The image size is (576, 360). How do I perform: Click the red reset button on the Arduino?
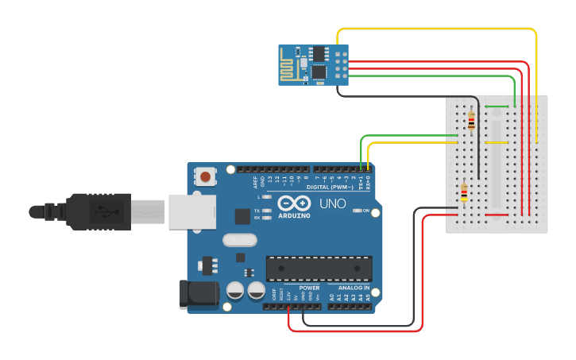click(x=207, y=176)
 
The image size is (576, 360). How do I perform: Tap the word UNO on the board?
click(x=333, y=203)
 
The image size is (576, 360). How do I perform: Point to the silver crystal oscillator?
click(x=240, y=239)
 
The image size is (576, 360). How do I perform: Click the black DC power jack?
click(x=199, y=293)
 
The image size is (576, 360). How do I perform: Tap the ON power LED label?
click(x=366, y=211)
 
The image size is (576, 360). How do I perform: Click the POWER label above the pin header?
click(x=309, y=288)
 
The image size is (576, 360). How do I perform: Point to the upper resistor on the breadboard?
click(x=471, y=120)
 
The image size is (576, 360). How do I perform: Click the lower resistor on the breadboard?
click(x=464, y=193)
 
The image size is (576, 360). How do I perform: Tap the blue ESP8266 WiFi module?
click(x=313, y=63)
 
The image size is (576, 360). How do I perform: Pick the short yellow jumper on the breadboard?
click(x=497, y=143)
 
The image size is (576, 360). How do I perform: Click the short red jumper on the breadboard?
click(x=497, y=215)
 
